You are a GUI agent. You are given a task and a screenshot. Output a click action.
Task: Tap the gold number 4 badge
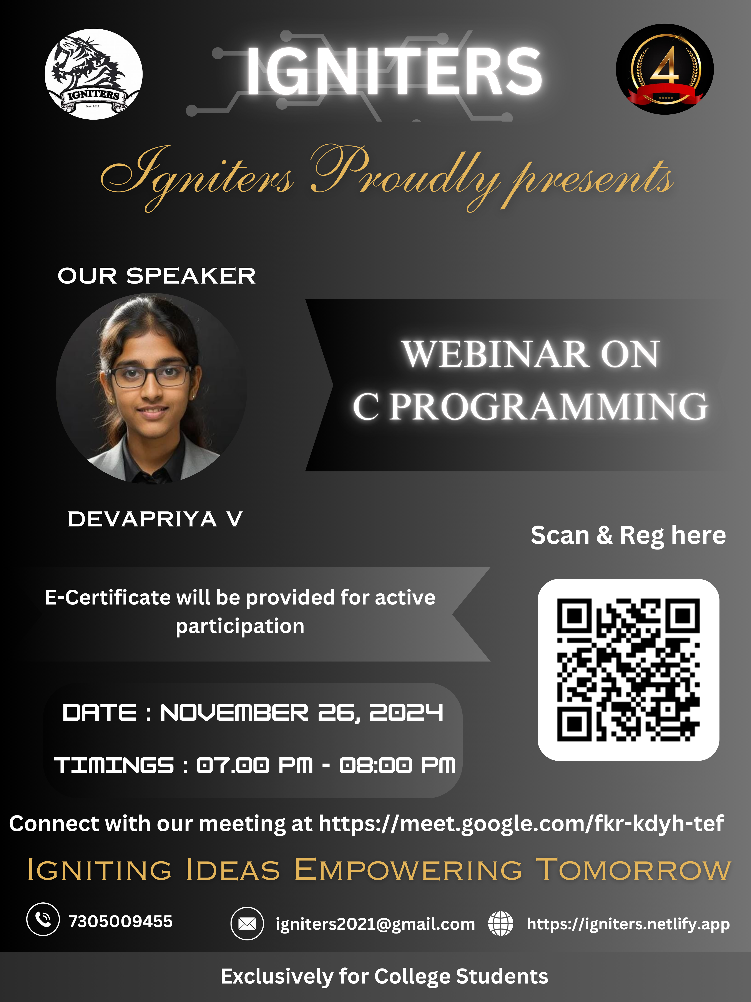pos(665,69)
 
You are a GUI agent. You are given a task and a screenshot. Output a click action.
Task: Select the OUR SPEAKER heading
pos(157,276)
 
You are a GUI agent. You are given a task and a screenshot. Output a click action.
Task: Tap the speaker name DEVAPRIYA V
pos(155,519)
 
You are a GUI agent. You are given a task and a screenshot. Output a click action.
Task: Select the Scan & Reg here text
pos(628,535)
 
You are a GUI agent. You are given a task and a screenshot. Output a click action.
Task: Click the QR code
pos(628,670)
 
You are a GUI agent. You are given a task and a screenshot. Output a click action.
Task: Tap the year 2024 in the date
pos(406,713)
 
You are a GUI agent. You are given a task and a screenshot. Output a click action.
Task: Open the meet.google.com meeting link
pos(521,823)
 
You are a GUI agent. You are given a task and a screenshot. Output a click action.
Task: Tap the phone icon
pos(43,919)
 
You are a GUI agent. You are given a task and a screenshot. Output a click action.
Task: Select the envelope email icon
pos(247,923)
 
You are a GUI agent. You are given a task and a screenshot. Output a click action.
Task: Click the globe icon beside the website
pos(501,923)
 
